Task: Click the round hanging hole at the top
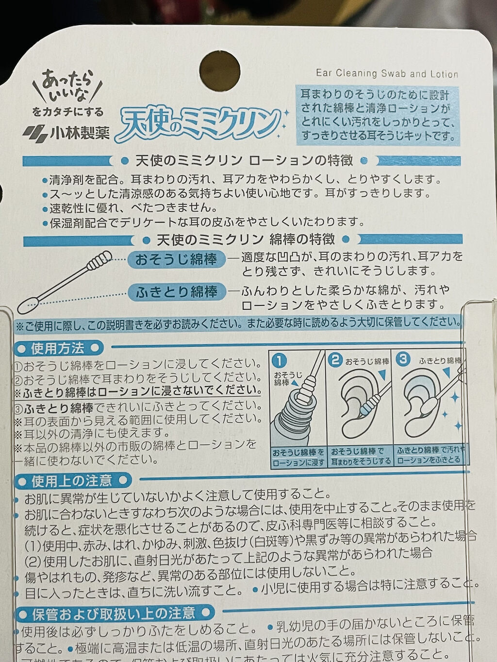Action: click(x=220, y=70)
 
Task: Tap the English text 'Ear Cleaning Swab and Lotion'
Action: click(x=387, y=74)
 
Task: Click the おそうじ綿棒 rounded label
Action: click(x=176, y=259)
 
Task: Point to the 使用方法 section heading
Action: click(x=58, y=348)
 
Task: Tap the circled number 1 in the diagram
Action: click(x=280, y=360)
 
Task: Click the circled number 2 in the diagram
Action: click(x=335, y=360)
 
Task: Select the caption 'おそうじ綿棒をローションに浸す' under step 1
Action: click(x=298, y=456)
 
